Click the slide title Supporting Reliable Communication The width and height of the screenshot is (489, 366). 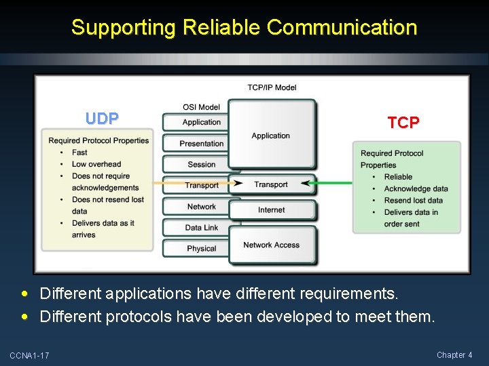click(244, 27)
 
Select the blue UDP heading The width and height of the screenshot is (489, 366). click(102, 119)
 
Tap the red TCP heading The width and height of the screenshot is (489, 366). click(403, 123)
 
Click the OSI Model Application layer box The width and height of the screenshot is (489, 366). click(201, 123)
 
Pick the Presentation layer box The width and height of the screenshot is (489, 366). click(201, 144)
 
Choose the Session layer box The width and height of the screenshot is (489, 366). click(201, 165)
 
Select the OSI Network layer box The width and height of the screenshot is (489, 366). click(201, 207)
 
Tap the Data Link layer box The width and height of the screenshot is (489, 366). click(201, 228)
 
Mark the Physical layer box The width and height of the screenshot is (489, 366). click(201, 249)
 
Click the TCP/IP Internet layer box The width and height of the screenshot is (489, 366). click(272, 210)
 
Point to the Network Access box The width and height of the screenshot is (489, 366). click(272, 245)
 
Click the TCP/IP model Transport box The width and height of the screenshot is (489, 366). click(272, 184)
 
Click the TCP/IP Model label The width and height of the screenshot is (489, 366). click(272, 87)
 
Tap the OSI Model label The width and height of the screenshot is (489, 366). click(201, 107)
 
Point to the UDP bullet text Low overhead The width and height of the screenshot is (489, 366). click(96, 164)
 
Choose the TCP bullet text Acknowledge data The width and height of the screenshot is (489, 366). click(416, 188)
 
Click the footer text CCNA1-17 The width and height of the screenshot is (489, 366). click(29, 356)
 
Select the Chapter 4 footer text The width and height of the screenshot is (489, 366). click(454, 355)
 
